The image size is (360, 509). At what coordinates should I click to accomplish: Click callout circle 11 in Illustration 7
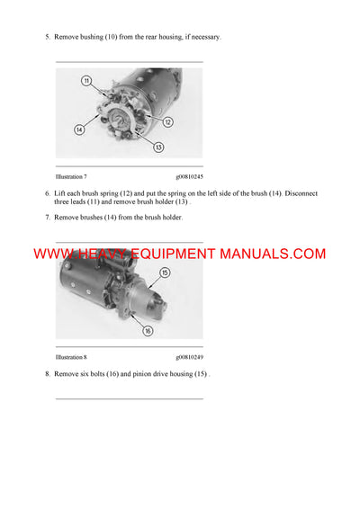click(86, 81)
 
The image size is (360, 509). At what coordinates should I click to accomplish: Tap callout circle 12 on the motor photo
click(166, 121)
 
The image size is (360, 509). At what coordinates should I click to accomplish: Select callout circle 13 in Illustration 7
click(159, 147)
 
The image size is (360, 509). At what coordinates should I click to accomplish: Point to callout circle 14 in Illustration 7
click(79, 129)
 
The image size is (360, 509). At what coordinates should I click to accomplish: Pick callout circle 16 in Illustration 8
click(148, 330)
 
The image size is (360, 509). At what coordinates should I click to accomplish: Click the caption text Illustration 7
click(71, 176)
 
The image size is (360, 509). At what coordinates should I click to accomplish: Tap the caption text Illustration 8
click(71, 357)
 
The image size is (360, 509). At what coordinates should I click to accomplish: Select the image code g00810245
click(189, 176)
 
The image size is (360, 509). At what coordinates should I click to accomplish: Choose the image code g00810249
click(189, 357)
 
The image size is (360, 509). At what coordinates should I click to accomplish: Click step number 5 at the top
click(48, 37)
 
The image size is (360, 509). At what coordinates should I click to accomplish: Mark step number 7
click(48, 219)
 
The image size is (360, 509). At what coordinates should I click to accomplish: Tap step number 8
click(48, 373)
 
